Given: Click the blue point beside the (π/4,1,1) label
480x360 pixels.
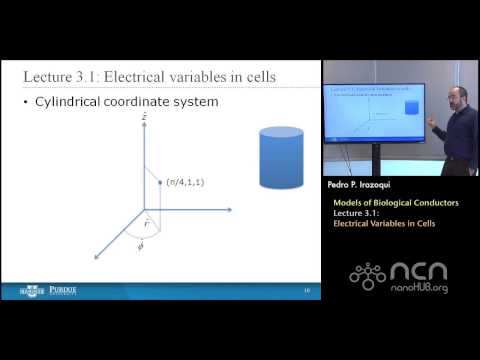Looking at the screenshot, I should click(x=161, y=182).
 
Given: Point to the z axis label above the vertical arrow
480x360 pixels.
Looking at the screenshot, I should click(x=145, y=117).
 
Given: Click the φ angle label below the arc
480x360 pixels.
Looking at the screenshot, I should click(x=139, y=247).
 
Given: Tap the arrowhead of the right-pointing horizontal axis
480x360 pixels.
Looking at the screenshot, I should click(x=229, y=210).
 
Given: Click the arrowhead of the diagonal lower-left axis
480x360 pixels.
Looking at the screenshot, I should click(x=97, y=258).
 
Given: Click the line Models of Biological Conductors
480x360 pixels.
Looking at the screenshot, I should click(x=396, y=203).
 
